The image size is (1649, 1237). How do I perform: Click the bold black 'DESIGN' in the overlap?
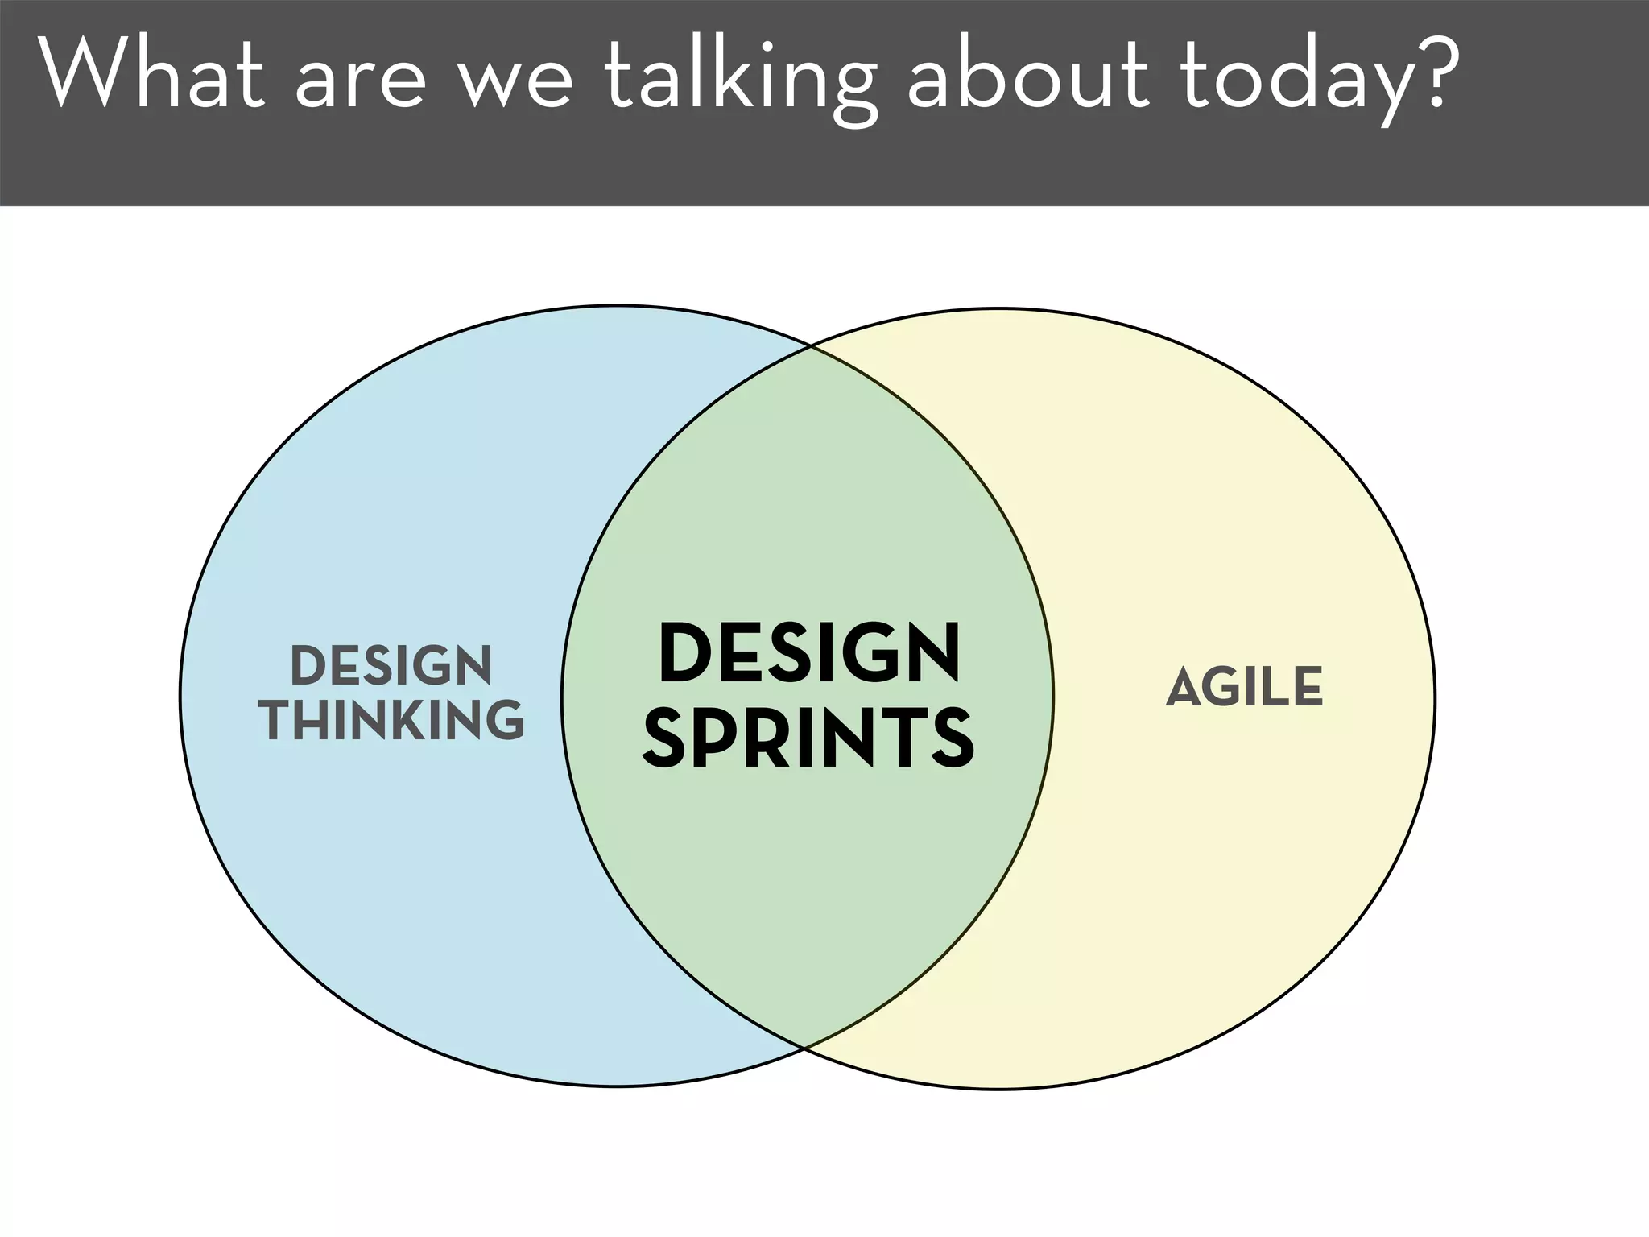tap(808, 653)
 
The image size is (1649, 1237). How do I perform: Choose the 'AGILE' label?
tap(1244, 687)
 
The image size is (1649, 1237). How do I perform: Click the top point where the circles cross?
tap(810, 347)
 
